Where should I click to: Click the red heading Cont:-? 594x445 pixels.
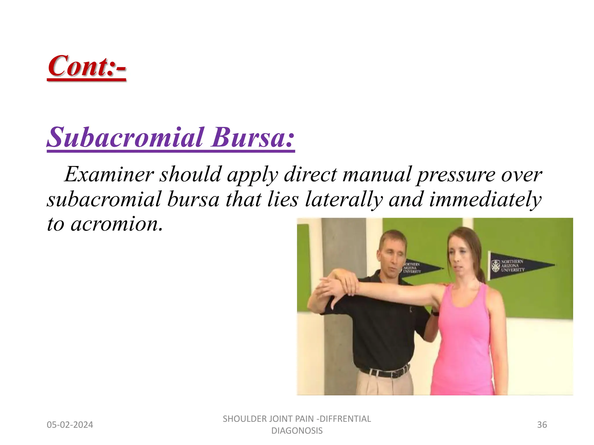pyautogui.click(x=87, y=66)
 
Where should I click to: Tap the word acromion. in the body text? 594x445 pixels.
pyautogui.click(x=116, y=224)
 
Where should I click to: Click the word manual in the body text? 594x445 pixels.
pyautogui.click(x=377, y=174)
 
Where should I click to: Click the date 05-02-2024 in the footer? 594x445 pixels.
pyautogui.click(x=70, y=425)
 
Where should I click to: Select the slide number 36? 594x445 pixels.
pyautogui.click(x=542, y=425)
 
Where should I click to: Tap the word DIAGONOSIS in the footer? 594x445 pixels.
pyautogui.click(x=297, y=431)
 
